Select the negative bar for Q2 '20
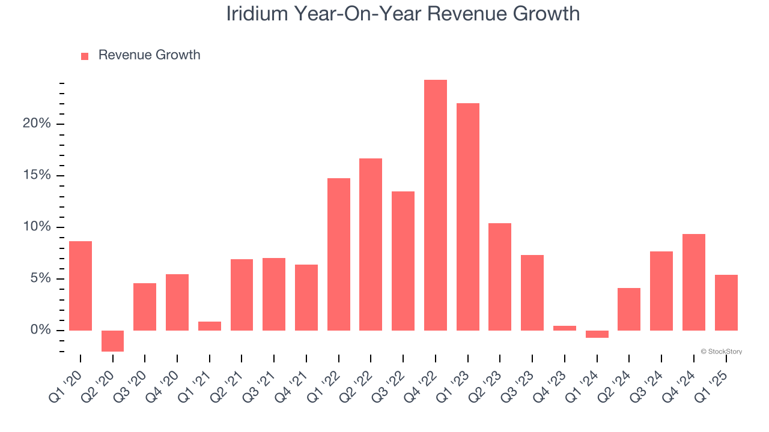112,341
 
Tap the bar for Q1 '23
468,217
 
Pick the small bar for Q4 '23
565,328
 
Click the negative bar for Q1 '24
597,334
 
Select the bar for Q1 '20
81,286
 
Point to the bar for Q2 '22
371,244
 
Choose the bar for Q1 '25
726,302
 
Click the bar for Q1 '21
210,326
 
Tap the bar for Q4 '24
694,282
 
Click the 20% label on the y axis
37,124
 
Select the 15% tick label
37,175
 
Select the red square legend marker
85,56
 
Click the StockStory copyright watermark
721,352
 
